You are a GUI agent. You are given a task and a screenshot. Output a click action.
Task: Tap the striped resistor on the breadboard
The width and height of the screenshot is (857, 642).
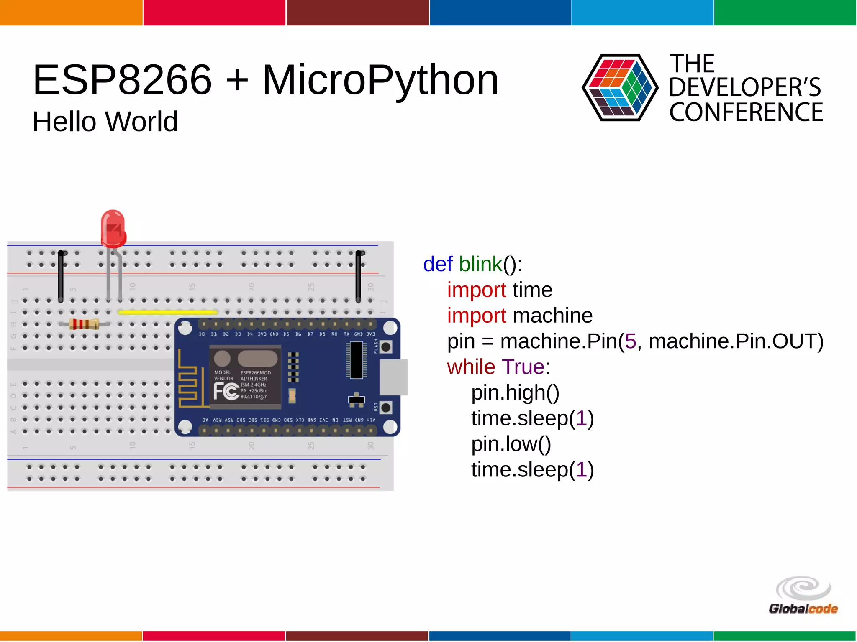click(84, 324)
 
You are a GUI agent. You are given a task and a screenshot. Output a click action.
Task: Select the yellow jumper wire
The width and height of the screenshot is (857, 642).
click(168, 312)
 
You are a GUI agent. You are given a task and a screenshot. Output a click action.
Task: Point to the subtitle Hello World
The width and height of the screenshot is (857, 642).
click(105, 122)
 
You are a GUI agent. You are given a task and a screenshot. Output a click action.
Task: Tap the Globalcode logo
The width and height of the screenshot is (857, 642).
click(803, 595)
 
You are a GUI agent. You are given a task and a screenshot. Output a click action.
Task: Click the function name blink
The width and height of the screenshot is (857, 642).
click(480, 264)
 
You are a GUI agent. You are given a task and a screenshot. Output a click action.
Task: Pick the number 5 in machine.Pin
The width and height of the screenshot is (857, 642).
click(630, 341)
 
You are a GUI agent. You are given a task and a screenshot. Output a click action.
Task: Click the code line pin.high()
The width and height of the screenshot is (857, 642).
click(515, 392)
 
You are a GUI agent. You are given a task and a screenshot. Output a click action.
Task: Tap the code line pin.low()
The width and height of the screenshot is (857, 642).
click(511, 444)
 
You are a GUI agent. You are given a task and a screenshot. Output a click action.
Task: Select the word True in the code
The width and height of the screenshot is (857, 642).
click(523, 367)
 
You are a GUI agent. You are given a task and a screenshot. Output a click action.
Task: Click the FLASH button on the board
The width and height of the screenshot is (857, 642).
click(386, 346)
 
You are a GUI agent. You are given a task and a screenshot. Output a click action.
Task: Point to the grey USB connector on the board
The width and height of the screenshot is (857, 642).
click(393, 377)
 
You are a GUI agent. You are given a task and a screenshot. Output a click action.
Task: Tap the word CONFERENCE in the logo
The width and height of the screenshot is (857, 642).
click(746, 112)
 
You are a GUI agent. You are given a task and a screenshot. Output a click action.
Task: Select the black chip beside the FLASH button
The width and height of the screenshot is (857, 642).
click(356, 360)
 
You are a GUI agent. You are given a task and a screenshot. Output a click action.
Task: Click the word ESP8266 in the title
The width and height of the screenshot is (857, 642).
click(122, 80)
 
